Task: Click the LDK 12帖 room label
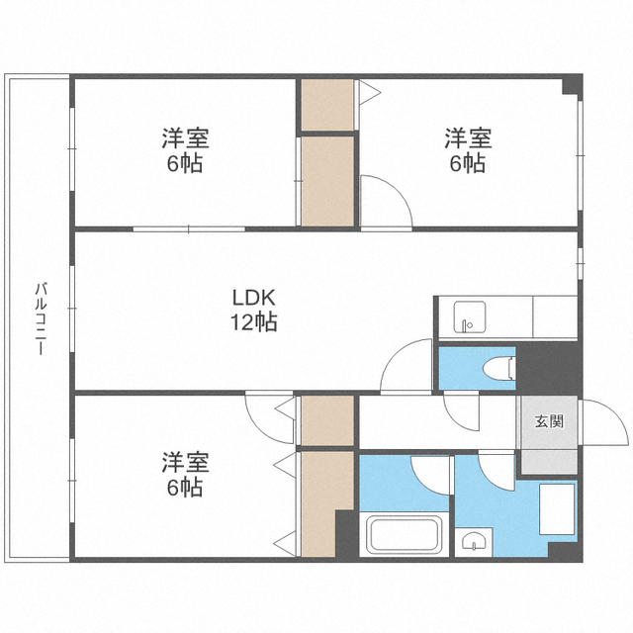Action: (x=254, y=309)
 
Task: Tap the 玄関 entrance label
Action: (x=550, y=422)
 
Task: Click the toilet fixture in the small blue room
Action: (x=497, y=368)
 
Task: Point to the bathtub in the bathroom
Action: (x=406, y=536)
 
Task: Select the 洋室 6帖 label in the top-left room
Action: (x=185, y=151)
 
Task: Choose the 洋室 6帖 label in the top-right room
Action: (x=466, y=151)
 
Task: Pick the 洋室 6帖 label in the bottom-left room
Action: (x=185, y=474)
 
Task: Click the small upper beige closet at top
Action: (x=326, y=105)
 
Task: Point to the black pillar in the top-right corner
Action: (x=573, y=86)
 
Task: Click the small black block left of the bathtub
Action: (x=346, y=534)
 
